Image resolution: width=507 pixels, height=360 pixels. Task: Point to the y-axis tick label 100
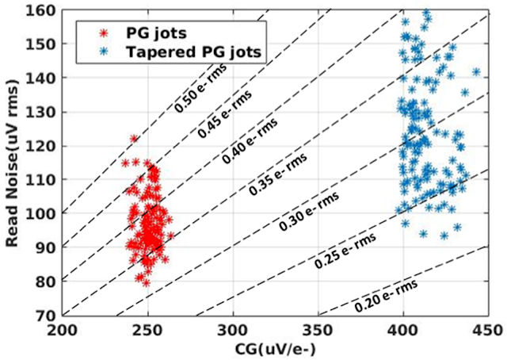(x=44, y=213)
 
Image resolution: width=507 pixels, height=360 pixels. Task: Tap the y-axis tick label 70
(x=48, y=315)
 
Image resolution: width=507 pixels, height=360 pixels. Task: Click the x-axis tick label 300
(x=233, y=328)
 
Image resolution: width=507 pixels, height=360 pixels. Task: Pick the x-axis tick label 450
(x=489, y=328)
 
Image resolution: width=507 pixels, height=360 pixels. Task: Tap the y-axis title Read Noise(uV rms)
(x=13, y=162)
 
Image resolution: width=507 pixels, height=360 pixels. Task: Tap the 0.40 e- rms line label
(x=247, y=144)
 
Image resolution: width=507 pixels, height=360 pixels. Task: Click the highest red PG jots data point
(x=135, y=139)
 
